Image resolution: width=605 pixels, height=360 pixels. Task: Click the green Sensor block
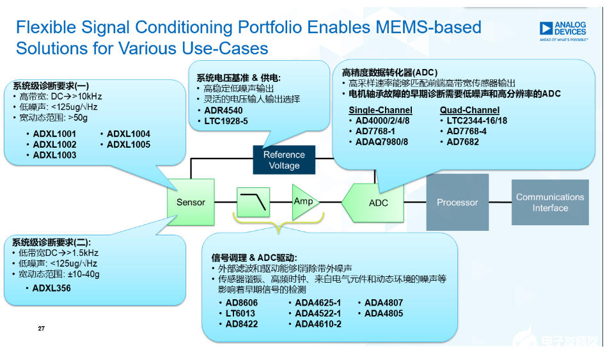[x=191, y=202]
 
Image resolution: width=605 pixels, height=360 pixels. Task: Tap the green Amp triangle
[x=302, y=201]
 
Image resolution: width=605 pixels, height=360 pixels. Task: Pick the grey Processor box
[x=457, y=202]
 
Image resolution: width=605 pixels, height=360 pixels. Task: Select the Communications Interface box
[x=549, y=202]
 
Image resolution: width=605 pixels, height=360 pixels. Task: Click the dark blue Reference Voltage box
[x=284, y=160]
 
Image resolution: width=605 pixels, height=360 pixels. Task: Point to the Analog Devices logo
[x=563, y=30]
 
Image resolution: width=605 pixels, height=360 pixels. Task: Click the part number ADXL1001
[x=54, y=134]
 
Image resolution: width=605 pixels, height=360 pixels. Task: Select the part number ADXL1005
[x=129, y=145]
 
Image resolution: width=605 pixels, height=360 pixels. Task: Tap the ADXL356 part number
[x=51, y=288]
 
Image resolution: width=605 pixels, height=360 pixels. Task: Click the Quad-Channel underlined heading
[x=469, y=110]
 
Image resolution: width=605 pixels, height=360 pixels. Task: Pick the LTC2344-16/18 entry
[x=477, y=120]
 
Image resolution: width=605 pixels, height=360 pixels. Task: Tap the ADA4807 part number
[x=384, y=302]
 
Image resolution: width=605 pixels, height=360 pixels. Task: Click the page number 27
[x=42, y=329]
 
